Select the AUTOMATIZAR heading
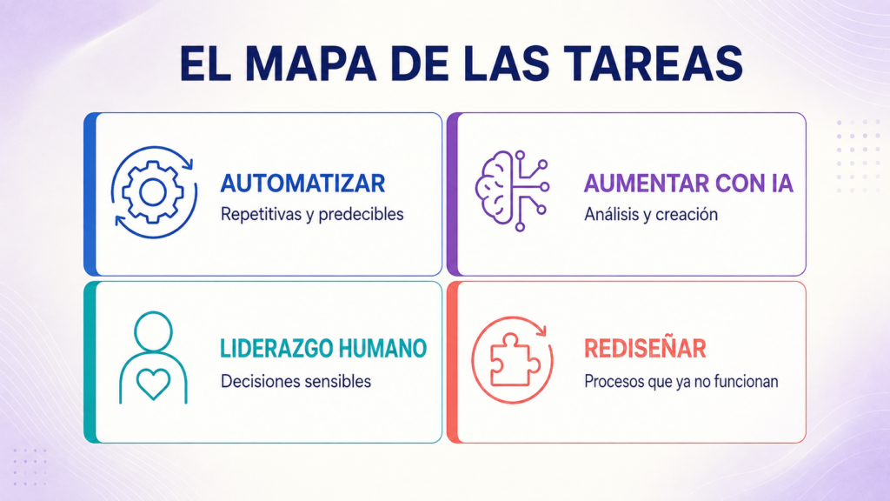[x=302, y=184]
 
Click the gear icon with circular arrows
[x=154, y=192]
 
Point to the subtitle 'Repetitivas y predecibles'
[x=312, y=215]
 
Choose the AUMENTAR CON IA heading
[x=688, y=184]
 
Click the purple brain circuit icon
[x=512, y=190]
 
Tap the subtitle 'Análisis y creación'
[x=650, y=215]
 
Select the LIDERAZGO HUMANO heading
[x=323, y=349]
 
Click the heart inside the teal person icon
[x=153, y=384]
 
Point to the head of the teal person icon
[x=153, y=331]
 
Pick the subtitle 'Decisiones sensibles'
[x=296, y=381]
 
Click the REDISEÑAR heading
[x=645, y=349]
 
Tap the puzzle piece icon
[x=515, y=359]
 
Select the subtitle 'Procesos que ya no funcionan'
[x=681, y=381]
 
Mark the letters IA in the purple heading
[x=782, y=184]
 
